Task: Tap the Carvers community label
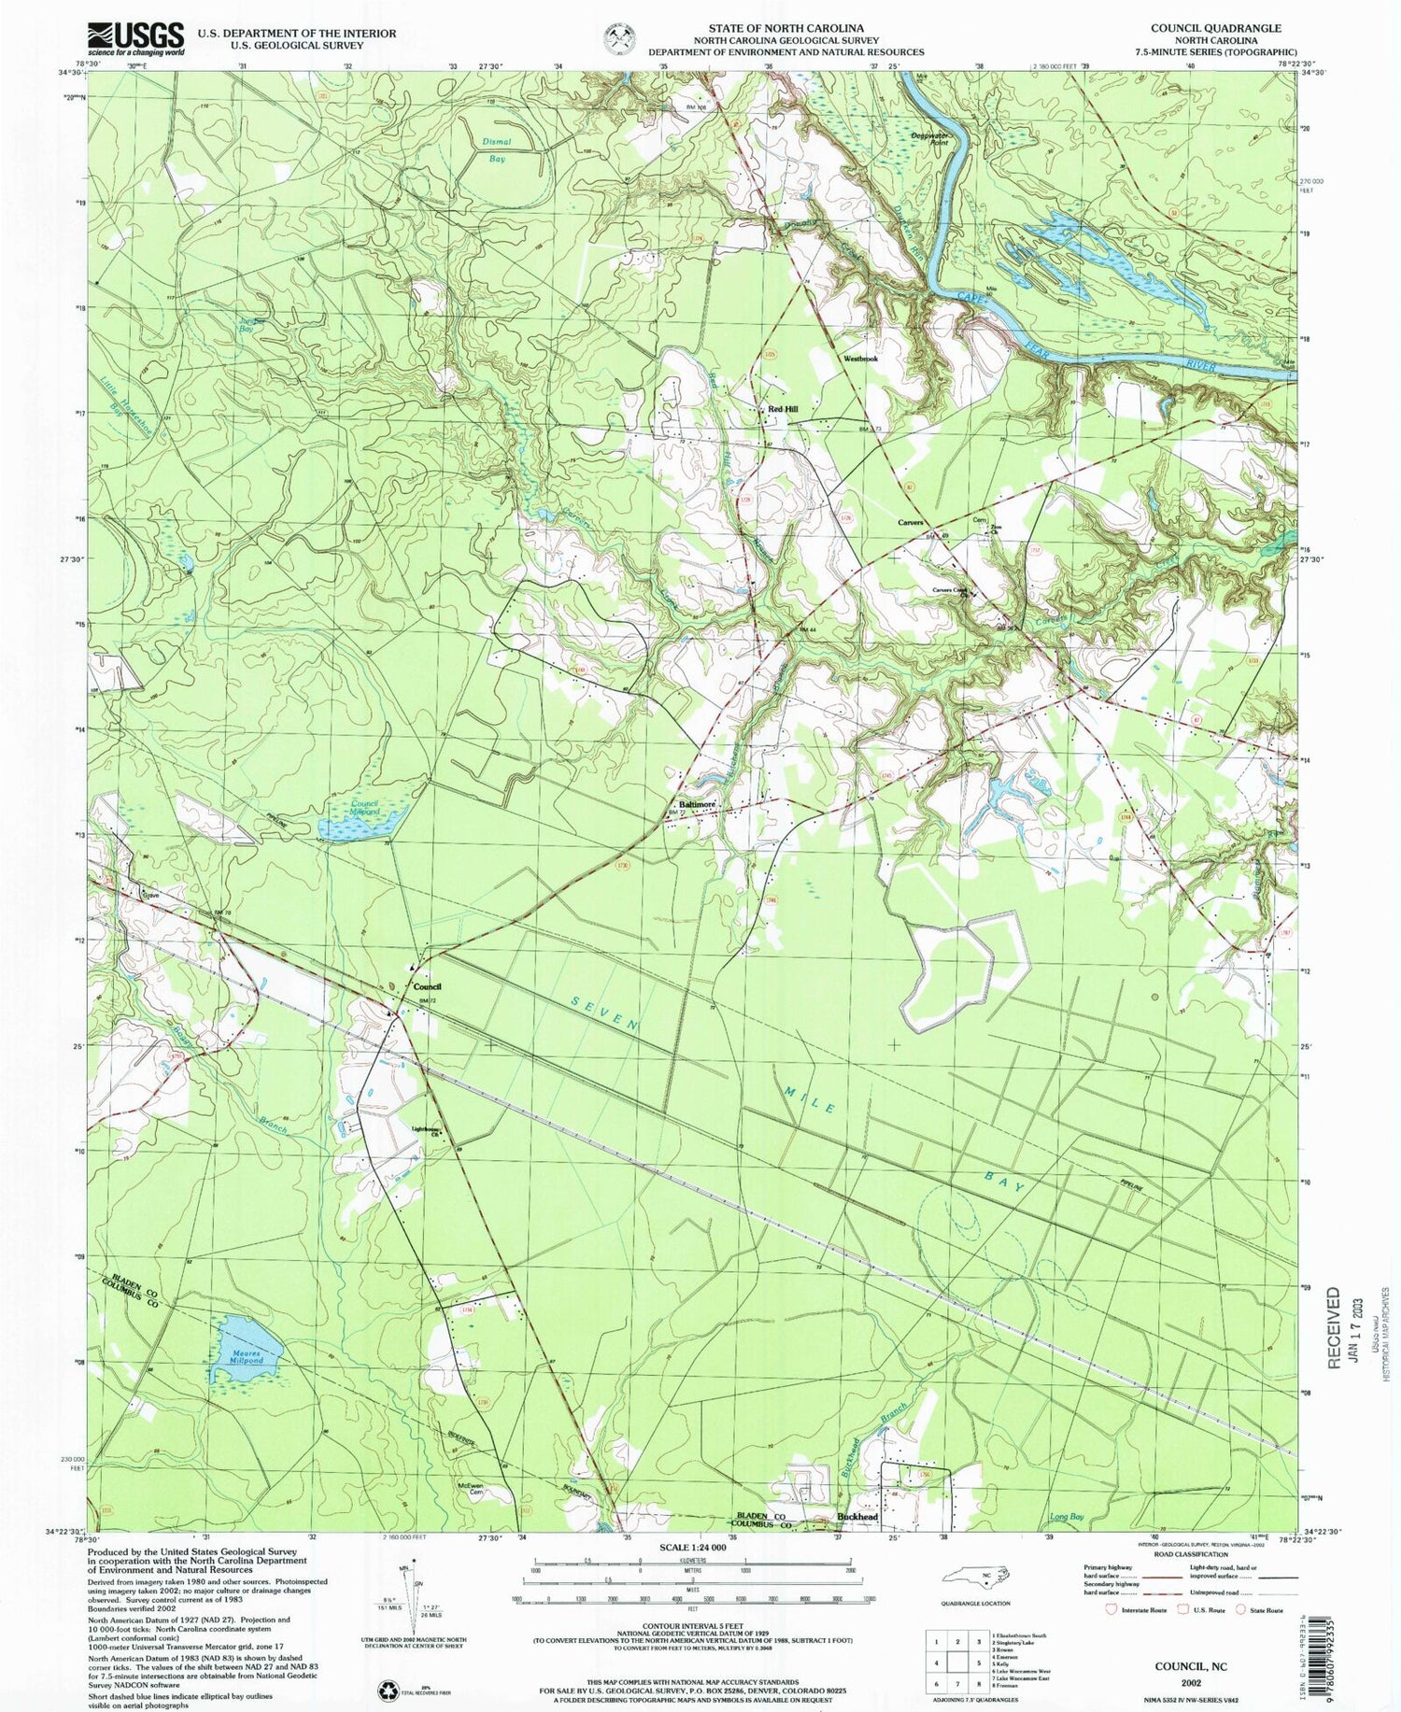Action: click(x=910, y=522)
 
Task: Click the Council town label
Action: click(x=427, y=986)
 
